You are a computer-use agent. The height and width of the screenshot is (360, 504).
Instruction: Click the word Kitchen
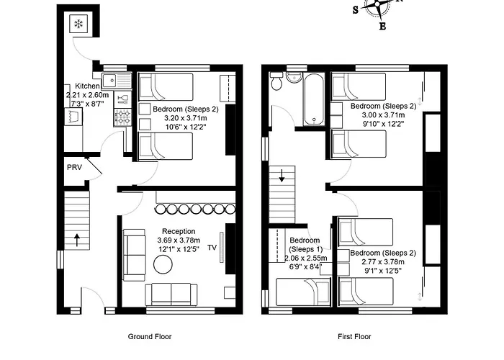pos(77,86)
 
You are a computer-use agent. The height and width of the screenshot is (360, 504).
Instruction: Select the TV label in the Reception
pos(212,248)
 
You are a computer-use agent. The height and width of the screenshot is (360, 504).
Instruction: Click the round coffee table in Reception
pos(163,265)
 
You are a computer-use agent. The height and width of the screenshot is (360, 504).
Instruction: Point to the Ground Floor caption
pos(149,336)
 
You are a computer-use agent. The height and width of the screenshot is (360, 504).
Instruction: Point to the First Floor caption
pos(354,336)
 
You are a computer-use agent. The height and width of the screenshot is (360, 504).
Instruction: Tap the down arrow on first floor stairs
pos(282,175)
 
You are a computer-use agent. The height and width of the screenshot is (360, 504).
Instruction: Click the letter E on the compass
pos(382,27)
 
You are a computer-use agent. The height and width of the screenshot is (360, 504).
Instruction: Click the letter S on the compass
pos(356,9)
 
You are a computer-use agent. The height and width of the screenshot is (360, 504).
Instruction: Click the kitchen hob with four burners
pos(125,116)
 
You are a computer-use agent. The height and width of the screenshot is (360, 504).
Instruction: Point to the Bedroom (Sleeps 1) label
pos(305,245)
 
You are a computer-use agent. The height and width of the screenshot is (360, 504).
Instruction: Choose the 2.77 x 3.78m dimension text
pos(382,262)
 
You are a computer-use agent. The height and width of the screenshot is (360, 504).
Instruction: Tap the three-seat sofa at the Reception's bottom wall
pos(171,294)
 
